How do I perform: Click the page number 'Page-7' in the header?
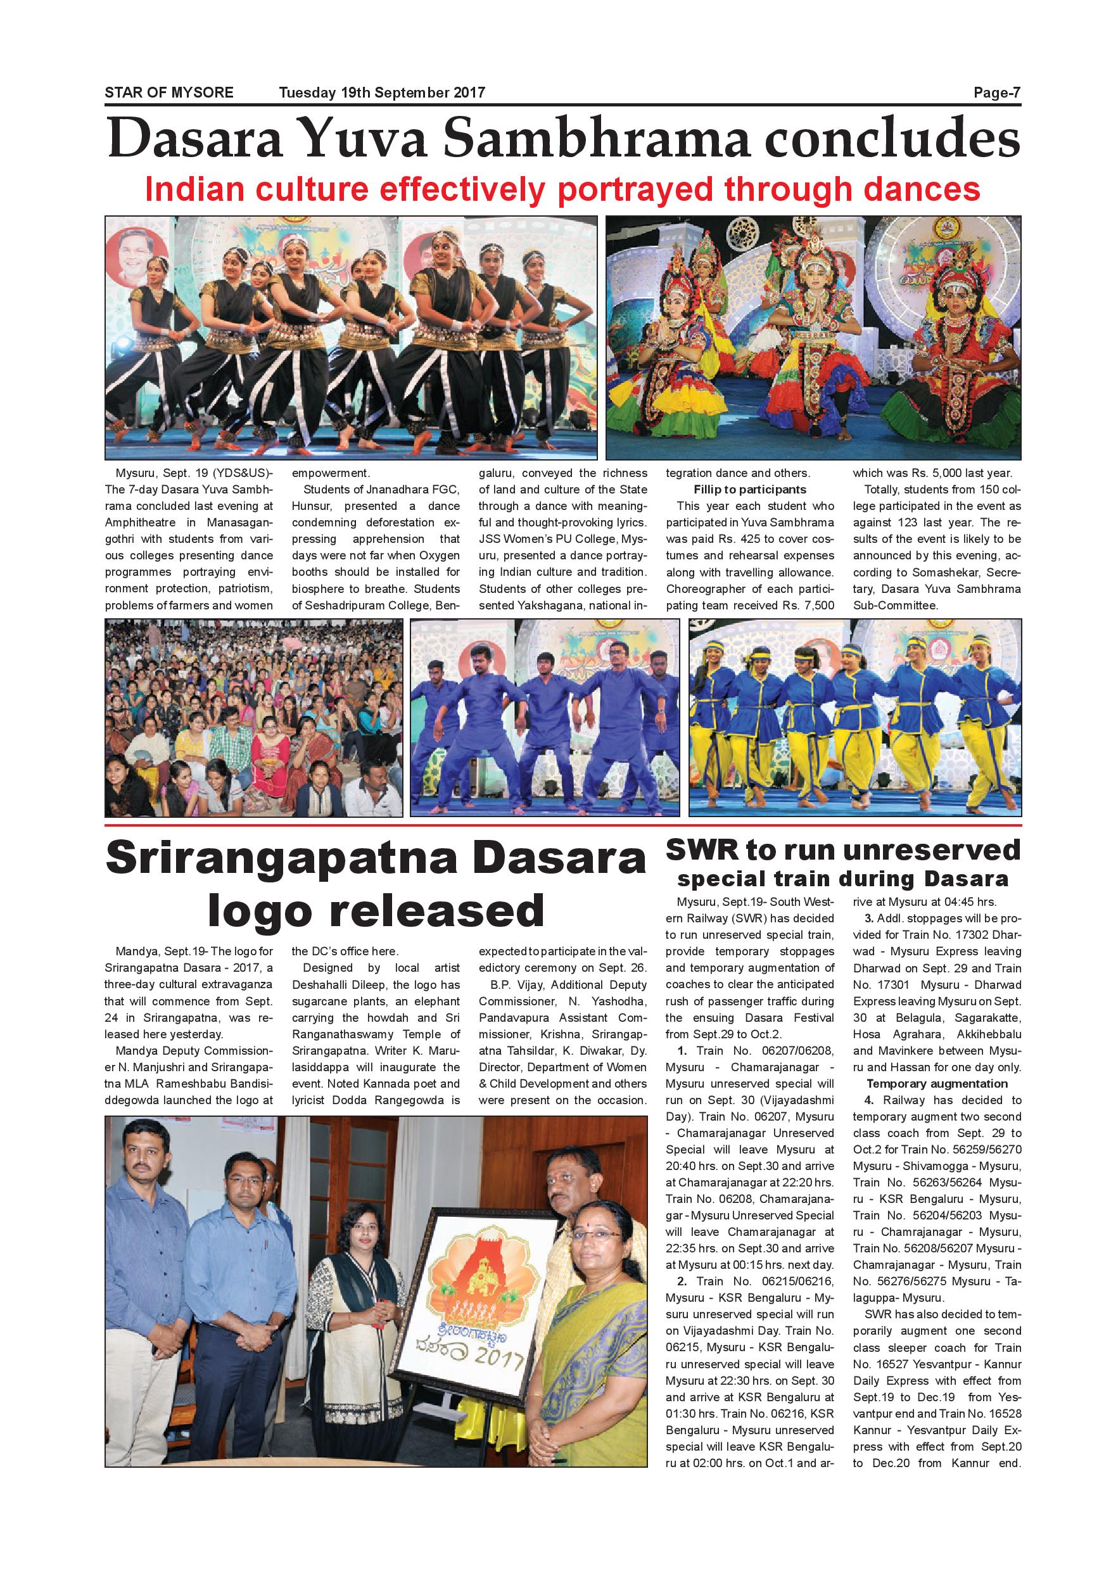[x=997, y=93]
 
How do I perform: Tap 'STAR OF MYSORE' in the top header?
[x=169, y=93]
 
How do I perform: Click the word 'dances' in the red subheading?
[x=920, y=189]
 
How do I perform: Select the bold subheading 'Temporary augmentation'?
[x=937, y=1083]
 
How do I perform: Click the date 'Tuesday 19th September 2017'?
[x=382, y=93]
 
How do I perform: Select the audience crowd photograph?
[x=253, y=718]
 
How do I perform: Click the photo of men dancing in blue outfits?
[x=545, y=718]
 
